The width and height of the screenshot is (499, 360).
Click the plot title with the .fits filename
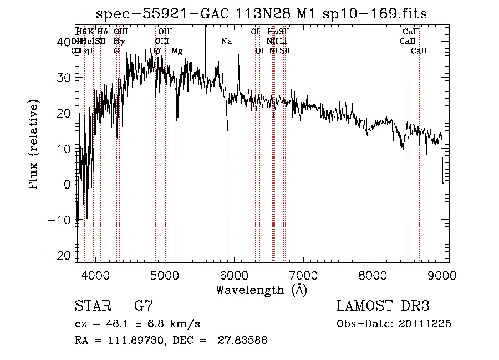[x=261, y=13]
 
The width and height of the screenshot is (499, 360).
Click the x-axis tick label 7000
[x=303, y=276]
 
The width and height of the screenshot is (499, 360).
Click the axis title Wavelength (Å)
[x=261, y=290]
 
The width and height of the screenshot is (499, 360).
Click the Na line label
[x=227, y=41]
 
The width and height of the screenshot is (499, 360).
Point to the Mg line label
[x=177, y=51]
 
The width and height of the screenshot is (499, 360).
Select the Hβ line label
[x=155, y=51]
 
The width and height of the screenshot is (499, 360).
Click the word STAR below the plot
[x=92, y=306]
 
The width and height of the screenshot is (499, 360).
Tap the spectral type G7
[x=144, y=306]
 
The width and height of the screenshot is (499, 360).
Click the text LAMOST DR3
[x=383, y=306]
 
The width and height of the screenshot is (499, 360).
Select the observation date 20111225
[x=425, y=324]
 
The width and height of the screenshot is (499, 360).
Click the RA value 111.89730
[x=129, y=341]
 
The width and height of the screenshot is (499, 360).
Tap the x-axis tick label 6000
[x=234, y=276]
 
